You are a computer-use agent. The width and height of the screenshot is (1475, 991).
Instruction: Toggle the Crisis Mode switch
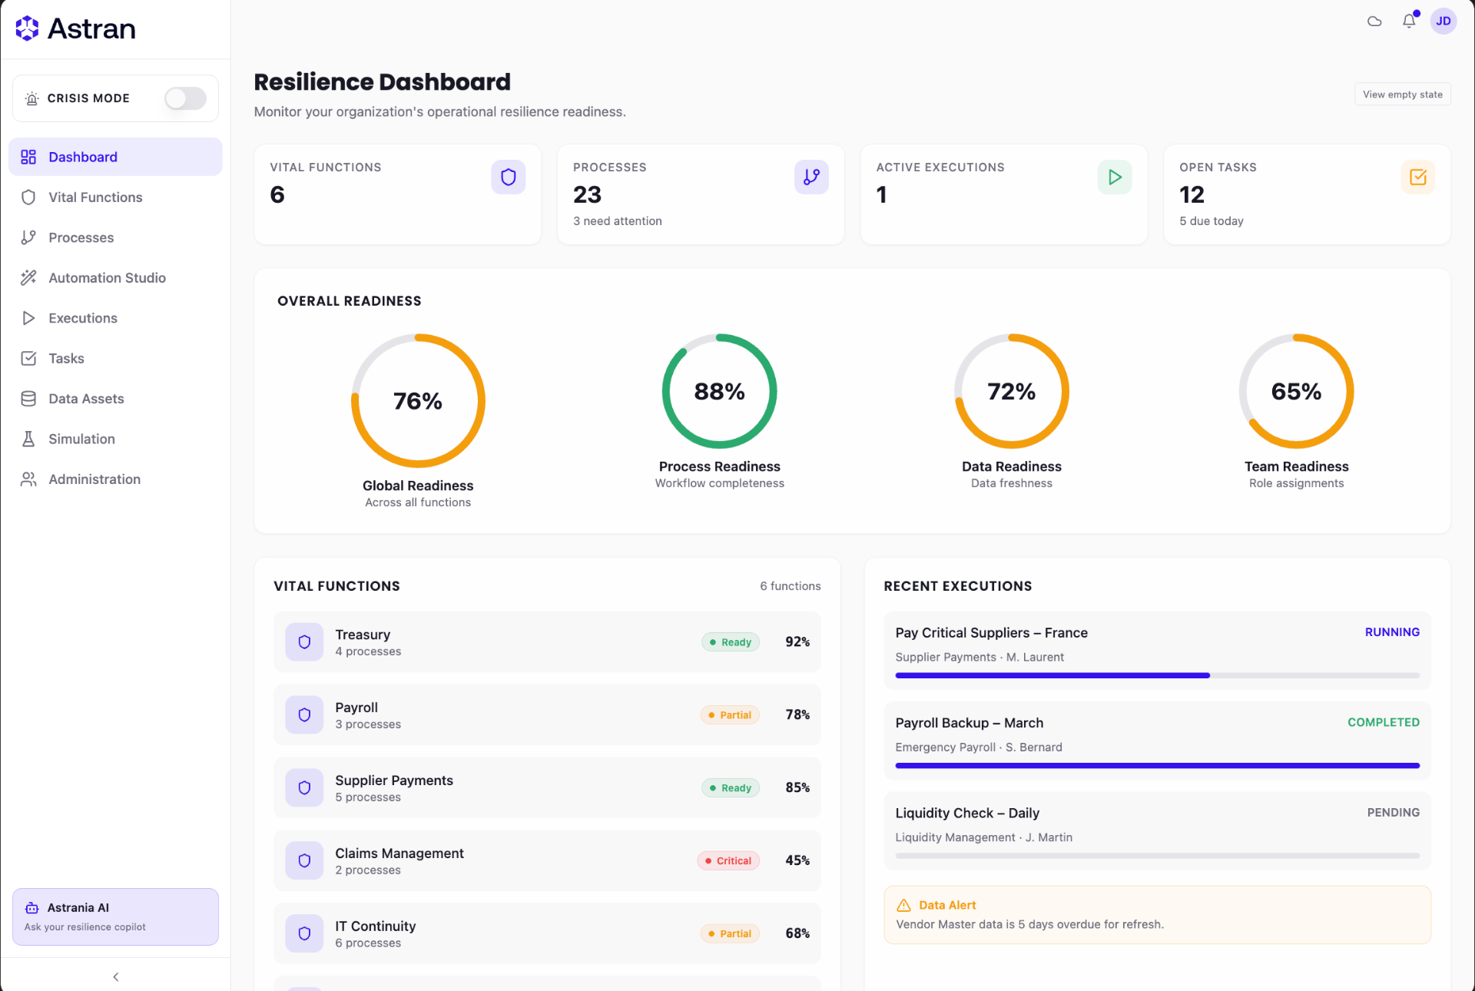185,98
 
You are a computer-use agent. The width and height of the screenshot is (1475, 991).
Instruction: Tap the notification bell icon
1409,22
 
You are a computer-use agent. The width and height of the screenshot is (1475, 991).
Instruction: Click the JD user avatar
1444,22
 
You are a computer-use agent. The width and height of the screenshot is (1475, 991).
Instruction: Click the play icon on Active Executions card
1115,177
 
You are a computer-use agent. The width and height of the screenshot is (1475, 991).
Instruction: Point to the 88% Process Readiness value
720,392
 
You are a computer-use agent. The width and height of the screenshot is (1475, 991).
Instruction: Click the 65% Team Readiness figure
1297,392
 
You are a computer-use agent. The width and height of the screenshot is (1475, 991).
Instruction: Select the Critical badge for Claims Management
728,861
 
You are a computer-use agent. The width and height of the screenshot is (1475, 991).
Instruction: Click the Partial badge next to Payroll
730,715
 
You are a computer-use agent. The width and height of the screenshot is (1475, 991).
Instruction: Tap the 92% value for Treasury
797,642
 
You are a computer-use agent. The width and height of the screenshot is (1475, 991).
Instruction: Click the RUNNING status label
1392,632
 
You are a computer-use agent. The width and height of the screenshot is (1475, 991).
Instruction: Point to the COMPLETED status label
1384,722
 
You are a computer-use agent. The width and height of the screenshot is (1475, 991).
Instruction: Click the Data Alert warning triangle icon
904,906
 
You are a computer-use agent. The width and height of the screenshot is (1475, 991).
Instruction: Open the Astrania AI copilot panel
115,917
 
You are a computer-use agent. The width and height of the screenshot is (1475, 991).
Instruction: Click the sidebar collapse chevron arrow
116,977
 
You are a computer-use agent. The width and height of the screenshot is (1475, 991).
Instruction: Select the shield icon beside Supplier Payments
304,788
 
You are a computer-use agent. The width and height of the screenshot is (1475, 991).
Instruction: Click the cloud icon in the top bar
1374,22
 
